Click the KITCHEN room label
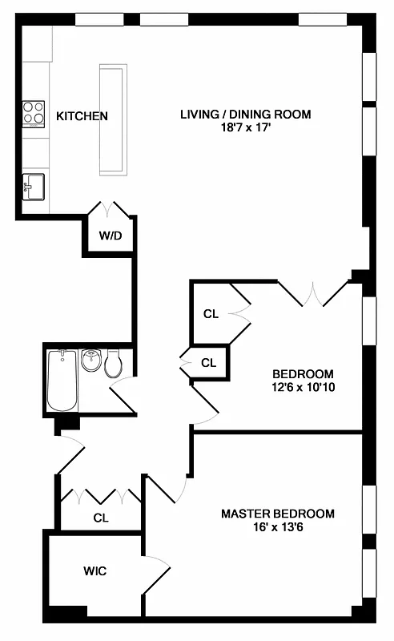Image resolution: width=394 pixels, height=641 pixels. [82, 116]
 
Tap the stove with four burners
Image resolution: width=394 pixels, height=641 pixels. [34, 113]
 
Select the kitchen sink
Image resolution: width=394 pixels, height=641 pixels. [33, 186]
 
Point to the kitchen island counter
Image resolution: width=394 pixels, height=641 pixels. [112, 119]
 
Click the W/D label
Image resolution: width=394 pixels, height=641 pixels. [110, 236]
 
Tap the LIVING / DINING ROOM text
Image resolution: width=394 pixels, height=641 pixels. [244, 115]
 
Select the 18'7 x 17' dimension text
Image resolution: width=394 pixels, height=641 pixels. [245, 127]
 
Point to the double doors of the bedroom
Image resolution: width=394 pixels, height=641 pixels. [313, 293]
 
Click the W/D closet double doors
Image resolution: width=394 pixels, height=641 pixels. [111, 209]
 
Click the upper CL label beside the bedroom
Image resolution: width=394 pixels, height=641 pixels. [211, 313]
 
